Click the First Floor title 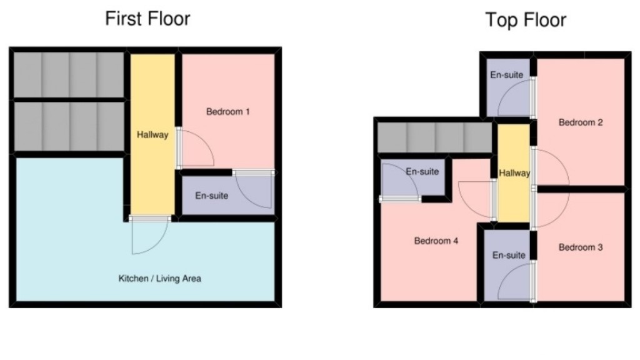pos(147,19)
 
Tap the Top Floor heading pos(526,20)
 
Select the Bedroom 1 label pos(228,112)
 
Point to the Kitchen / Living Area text pos(160,279)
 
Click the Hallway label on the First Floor pos(152,134)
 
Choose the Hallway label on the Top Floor pos(514,173)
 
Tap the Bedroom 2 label pos(580,122)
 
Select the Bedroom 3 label pos(580,247)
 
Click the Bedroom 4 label pos(436,241)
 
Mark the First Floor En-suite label pos(211,196)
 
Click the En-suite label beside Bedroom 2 pos(506,75)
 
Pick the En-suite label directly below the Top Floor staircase pos(422,171)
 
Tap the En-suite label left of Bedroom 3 pos(509,255)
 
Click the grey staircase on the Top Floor pos(435,137)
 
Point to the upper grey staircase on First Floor pos(69,74)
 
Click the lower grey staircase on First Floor pos(69,126)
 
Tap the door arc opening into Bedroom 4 pos(475,200)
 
